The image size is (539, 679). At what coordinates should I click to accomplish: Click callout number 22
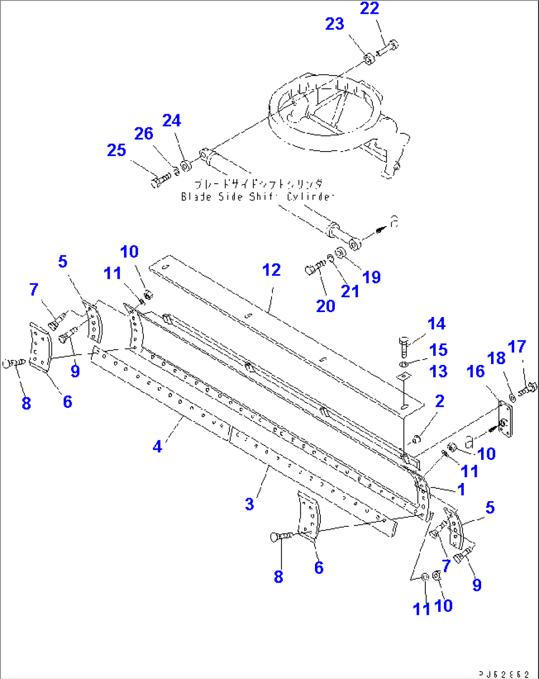[x=369, y=8]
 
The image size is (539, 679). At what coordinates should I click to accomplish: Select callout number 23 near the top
[x=335, y=24]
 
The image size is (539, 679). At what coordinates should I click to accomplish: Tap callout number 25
[x=117, y=151]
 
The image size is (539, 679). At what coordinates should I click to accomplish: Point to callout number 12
[x=271, y=270]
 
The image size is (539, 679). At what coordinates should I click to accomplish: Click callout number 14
[x=437, y=324]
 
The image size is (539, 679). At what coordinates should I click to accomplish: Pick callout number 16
[x=476, y=372]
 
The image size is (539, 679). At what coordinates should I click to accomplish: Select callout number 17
[x=517, y=347]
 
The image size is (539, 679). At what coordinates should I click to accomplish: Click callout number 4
[x=157, y=447]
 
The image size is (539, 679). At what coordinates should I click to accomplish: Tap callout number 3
[x=249, y=504]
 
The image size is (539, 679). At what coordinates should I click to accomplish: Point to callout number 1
[x=461, y=490]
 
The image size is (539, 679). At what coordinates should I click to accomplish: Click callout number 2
[x=440, y=401]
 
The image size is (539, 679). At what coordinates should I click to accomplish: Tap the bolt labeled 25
[x=160, y=180]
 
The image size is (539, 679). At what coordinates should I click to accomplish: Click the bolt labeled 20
[x=314, y=269]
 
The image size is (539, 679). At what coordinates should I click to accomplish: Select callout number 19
[x=372, y=278]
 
